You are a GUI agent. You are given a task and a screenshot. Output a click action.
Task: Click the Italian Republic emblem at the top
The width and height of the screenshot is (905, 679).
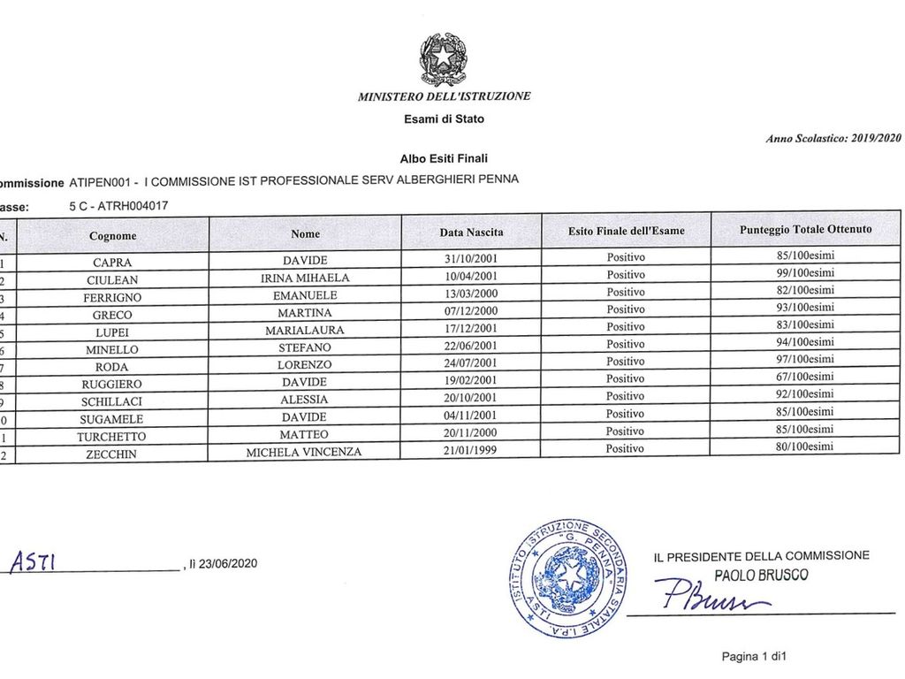443,57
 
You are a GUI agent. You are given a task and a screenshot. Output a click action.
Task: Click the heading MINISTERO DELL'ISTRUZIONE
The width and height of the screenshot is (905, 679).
445,96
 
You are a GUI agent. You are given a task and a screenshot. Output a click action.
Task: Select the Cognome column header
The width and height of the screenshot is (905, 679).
112,235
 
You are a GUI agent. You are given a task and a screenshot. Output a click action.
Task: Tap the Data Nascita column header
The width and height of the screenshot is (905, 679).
472,233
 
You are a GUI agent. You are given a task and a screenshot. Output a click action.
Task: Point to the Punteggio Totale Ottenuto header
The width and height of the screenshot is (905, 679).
805,229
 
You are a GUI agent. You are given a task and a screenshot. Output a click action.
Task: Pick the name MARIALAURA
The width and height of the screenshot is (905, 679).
305,330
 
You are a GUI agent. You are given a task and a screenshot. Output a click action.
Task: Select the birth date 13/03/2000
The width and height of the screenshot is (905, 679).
472,293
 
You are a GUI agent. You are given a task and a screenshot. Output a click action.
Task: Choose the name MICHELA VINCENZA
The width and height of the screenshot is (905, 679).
305,452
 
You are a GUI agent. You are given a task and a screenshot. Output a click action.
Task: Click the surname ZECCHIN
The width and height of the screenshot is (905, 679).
112,454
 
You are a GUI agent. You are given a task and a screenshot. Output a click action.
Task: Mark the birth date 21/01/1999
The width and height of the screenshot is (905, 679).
472,450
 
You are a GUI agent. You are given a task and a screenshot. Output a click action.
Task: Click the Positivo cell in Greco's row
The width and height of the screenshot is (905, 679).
626,309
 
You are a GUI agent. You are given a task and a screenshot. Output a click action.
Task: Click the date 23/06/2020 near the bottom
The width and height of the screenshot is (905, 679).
227,563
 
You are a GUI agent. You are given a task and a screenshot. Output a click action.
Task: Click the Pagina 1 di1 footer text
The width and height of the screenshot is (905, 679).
753,656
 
